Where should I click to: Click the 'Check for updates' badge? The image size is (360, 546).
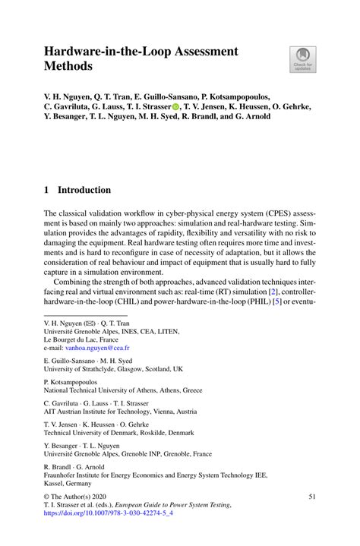303,58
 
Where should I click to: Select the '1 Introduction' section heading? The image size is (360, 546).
77,190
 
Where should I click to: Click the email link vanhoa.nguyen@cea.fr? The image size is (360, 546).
95,347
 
